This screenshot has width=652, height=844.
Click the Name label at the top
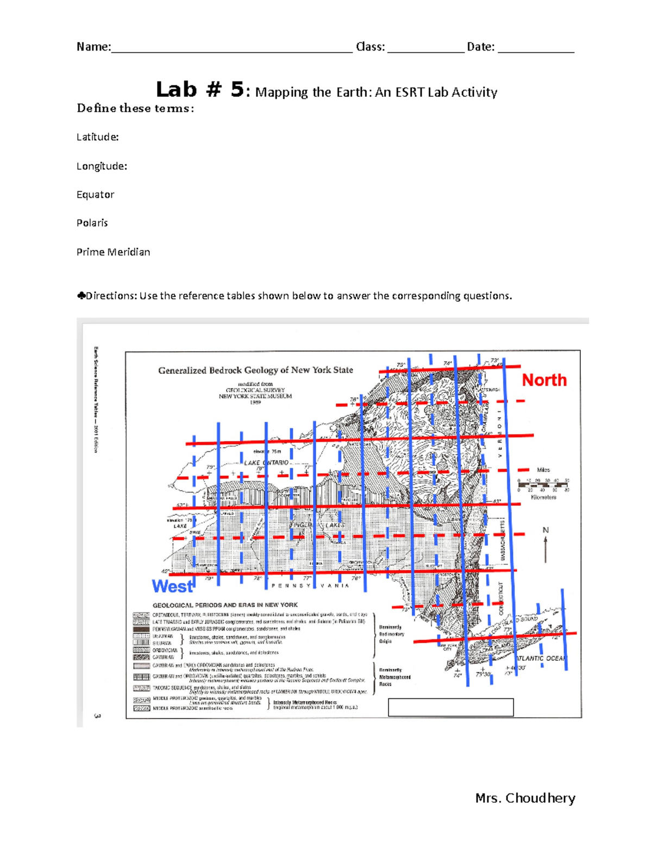pyautogui.click(x=93, y=47)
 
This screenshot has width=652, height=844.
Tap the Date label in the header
pyautogui.click(x=480, y=47)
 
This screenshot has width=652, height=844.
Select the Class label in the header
pyautogui.click(x=370, y=47)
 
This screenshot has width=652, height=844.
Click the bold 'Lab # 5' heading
pyautogui.click(x=200, y=90)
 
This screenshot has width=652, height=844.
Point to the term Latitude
pyautogui.click(x=97, y=137)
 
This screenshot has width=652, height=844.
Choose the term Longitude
pyautogui.click(x=102, y=166)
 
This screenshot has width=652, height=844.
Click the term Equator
pyautogui.click(x=95, y=195)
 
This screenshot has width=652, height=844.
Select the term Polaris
pyautogui.click(x=92, y=223)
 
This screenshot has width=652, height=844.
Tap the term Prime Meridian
pyautogui.click(x=113, y=252)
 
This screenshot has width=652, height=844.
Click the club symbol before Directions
pyautogui.click(x=81, y=296)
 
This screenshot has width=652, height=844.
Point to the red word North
pyautogui.click(x=544, y=380)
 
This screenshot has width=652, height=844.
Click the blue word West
pyautogui.click(x=172, y=586)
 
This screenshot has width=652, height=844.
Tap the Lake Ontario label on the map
pyautogui.click(x=266, y=462)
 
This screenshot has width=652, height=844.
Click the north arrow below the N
pyautogui.click(x=546, y=549)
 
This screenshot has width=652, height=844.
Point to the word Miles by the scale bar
pyautogui.click(x=543, y=470)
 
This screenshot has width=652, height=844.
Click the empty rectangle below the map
pyautogui.click(x=450, y=707)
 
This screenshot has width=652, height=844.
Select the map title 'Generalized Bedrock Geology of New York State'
pyautogui.click(x=255, y=370)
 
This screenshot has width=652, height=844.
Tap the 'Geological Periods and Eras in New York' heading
pyautogui.click(x=225, y=605)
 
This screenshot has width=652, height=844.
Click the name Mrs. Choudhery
pyautogui.click(x=525, y=798)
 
